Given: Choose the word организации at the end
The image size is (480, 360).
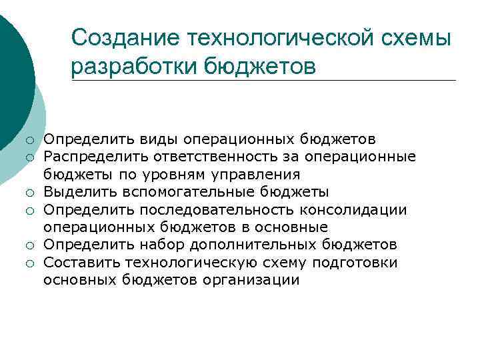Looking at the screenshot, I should click(257, 281).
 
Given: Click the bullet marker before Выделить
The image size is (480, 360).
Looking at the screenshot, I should click(30, 193).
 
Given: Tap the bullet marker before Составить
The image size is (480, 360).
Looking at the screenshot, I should click(30, 264).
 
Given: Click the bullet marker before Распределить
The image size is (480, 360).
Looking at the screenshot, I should click(30, 158).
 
